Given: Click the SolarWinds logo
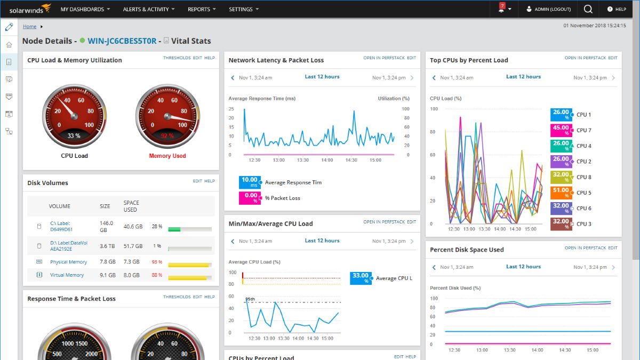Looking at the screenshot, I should point(30,9).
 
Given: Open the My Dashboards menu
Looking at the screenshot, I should point(85,9).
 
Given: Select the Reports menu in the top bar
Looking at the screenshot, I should point(202,9).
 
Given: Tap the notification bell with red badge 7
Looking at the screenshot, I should point(502,9).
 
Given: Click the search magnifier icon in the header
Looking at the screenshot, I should point(588,9).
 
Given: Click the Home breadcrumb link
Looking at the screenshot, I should point(30,26).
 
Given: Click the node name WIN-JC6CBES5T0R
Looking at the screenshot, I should point(122,41).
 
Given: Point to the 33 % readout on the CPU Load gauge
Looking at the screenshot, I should point(74,136).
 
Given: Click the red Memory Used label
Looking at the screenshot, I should point(167,156).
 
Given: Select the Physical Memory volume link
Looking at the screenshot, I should point(68,262).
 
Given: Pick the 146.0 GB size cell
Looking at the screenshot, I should point(107,226).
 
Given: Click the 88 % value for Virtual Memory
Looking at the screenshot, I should point(157,275).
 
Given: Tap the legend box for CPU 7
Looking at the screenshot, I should point(560,130).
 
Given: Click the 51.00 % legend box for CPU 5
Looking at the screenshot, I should point(560,193).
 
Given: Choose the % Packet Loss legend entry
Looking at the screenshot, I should point(282,198).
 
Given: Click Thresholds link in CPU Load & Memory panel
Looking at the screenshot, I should point(177,58).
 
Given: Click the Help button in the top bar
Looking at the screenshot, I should point(617,9).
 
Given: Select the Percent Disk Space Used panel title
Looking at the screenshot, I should point(467,250).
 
